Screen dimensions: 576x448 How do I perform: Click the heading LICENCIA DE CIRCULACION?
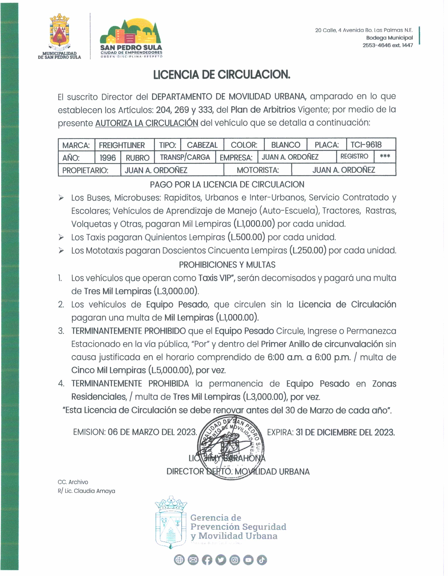click(x=222, y=75)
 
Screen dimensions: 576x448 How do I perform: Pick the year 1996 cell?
click(x=107, y=157)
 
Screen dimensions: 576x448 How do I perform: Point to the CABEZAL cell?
click(x=202, y=145)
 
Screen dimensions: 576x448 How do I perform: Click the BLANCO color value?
click(x=286, y=145)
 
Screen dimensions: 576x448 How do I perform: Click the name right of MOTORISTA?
click(x=343, y=170)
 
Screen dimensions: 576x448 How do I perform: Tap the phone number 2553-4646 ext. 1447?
click(x=388, y=45)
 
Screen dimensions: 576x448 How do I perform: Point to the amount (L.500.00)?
click(x=246, y=237)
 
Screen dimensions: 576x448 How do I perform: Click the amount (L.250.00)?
click(x=308, y=250)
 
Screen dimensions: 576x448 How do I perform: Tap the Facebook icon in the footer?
click(x=207, y=560)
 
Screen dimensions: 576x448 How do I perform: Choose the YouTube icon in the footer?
click(x=248, y=560)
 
